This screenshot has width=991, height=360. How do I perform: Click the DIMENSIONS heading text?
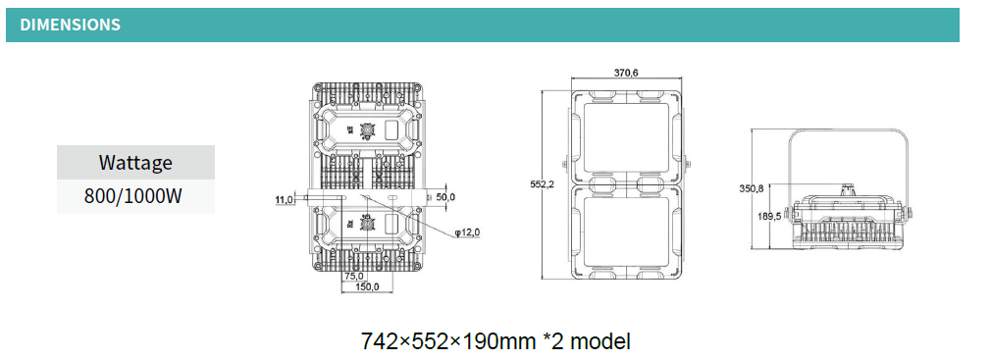pos(70,26)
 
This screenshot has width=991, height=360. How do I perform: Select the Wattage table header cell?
pos(135,162)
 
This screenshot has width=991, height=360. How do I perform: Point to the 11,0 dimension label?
pos(285,200)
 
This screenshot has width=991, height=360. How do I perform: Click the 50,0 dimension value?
pos(444,197)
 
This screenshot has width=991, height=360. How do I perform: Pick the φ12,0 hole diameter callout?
pos(468,232)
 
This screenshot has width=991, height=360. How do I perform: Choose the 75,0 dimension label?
pos(353,276)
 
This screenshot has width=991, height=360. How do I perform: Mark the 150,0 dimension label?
pos(367,287)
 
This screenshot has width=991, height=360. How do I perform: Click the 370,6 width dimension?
pos(626,73)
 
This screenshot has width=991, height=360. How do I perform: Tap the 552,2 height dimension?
pos(543,184)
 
